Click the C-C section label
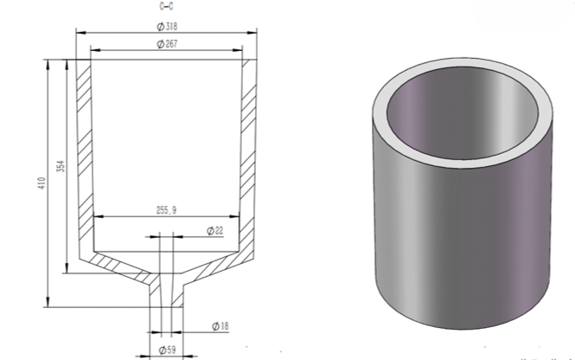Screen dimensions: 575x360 tap(167, 6)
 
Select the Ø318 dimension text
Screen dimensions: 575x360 tap(167, 27)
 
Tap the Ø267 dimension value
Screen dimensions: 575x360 tap(167, 44)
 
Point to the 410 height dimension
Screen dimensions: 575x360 tap(42, 183)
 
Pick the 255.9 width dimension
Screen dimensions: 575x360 tap(166, 210)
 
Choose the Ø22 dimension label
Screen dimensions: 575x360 tap(215, 231)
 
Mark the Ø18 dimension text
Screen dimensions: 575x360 tap(220, 326)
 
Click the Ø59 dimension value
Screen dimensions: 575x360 tap(167, 350)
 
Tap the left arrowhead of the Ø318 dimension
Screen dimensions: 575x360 tap(80, 33)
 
